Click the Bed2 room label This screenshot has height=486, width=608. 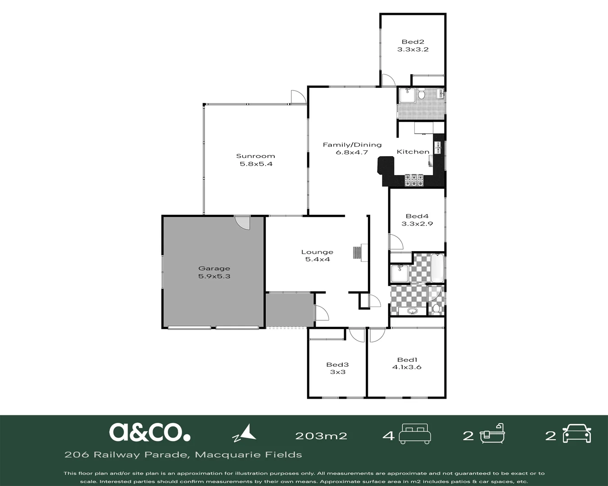pos(413,42)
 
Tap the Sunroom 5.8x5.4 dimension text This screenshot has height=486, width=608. pos(256,164)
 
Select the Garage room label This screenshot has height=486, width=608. pos(214,269)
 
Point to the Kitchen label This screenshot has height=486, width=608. pos(413,152)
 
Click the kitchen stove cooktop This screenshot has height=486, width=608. pos(414,180)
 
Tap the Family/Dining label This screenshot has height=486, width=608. pos(352,145)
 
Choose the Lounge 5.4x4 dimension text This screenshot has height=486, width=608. pos(318,259)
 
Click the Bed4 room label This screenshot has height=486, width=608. pos(417,216)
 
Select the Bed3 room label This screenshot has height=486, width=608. pos(337,364)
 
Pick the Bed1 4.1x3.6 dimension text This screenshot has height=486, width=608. pos(407,367)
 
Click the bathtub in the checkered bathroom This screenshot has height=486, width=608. pos(437,268)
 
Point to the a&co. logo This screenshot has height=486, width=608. pos(150,432)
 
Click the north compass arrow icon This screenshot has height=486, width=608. pos(244,433)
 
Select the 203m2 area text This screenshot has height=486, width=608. pos(321,436)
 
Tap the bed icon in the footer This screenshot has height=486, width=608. pos(415,434)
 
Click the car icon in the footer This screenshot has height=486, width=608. pos(576,433)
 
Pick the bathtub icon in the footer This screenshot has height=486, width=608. pos(492,433)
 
